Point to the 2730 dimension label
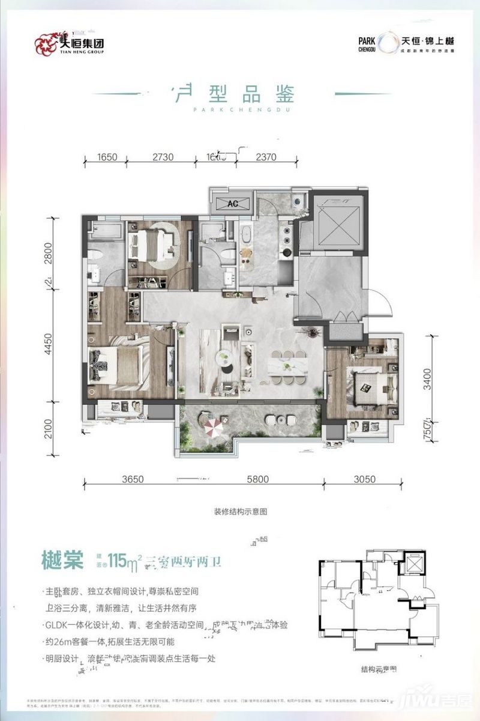point(162,158)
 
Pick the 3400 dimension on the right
point(427,380)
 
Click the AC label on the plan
point(233,204)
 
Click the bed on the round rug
point(154,243)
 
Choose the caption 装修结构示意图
point(240,512)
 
